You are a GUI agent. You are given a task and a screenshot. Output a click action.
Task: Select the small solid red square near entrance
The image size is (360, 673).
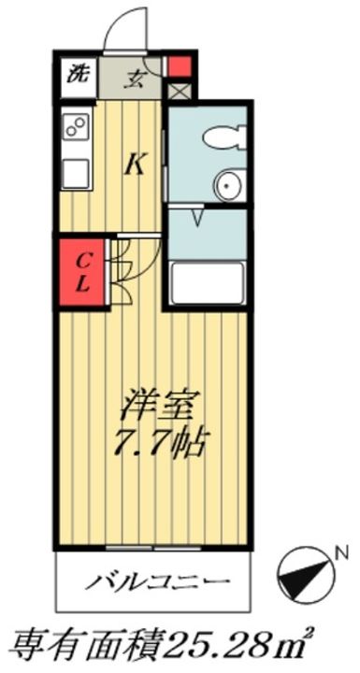pos(178,68)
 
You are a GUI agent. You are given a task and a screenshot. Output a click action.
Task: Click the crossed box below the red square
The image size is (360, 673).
pos(178,92)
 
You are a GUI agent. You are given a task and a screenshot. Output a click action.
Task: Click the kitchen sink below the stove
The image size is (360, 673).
pos(76,173)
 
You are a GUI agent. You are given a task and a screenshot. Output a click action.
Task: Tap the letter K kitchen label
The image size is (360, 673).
pos(135,166)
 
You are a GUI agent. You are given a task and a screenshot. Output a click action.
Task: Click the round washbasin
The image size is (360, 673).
pos(226,186)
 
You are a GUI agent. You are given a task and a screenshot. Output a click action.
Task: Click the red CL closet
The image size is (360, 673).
pos(82,271)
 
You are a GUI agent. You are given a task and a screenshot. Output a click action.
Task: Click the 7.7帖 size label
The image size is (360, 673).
pos(157,440)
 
